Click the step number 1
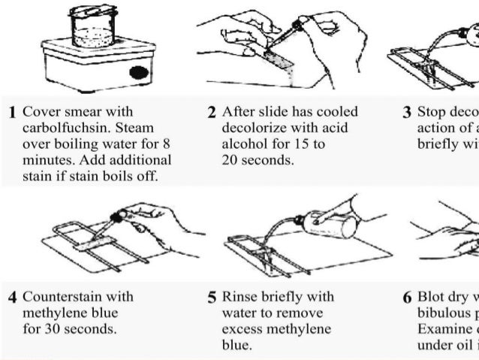click(x=12, y=113)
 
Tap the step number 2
click(x=212, y=113)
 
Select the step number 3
click(x=407, y=113)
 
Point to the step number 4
click(x=12, y=296)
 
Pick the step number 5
click(x=212, y=296)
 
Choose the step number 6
click(x=407, y=296)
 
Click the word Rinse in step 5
click(x=239, y=295)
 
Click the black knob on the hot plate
click(x=138, y=73)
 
